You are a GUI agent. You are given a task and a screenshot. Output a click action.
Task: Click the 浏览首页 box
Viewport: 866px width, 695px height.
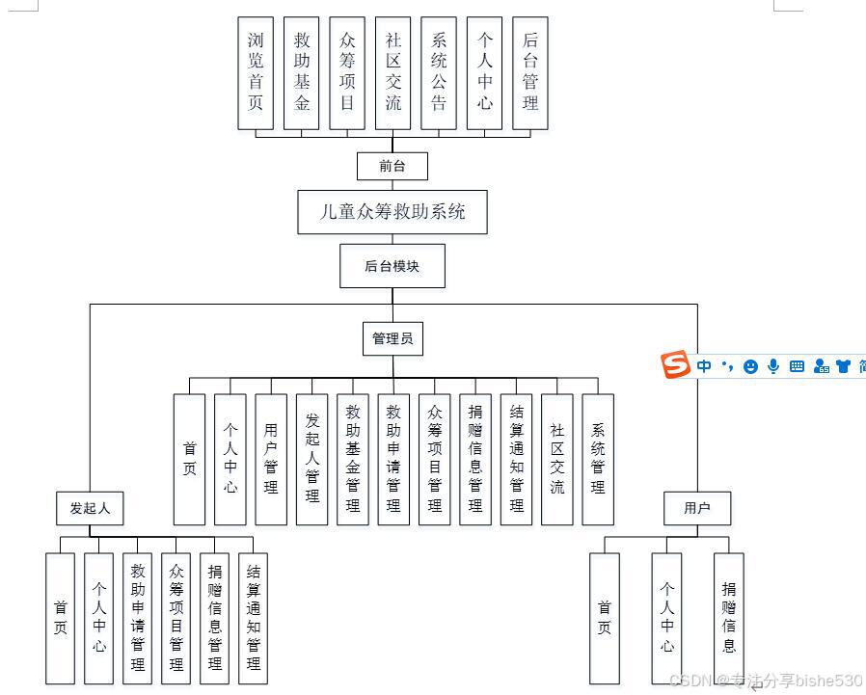[x=256, y=72]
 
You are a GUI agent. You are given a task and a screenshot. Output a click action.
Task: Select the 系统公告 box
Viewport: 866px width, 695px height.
[x=439, y=72]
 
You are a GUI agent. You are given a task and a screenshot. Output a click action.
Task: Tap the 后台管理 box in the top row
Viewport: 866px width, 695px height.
[x=530, y=72]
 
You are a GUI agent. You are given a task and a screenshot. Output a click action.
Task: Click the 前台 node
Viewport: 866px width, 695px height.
[x=392, y=166]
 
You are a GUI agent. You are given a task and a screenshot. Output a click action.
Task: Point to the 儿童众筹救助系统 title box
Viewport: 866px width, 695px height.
[x=392, y=211]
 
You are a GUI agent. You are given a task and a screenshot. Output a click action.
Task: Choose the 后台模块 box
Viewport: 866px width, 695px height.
[x=392, y=266]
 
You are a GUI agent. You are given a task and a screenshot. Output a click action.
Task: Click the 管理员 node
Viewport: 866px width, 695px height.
[x=392, y=338]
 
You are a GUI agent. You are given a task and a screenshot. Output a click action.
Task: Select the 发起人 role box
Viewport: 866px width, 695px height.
[x=90, y=508]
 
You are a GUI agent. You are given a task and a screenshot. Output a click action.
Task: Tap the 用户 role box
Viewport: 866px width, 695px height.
[x=696, y=508]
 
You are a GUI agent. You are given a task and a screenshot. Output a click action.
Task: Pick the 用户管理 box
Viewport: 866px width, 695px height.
[x=271, y=459]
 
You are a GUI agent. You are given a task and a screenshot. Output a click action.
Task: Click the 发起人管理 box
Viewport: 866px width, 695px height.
[x=311, y=459]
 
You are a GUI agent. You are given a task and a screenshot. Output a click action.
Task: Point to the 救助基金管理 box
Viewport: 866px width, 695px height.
[x=353, y=459]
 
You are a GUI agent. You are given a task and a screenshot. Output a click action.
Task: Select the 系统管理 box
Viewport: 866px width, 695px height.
[x=598, y=459]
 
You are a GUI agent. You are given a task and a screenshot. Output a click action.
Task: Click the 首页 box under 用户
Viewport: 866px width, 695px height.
[x=605, y=618]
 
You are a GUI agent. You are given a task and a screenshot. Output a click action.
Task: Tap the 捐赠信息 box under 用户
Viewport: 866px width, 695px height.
[x=729, y=618]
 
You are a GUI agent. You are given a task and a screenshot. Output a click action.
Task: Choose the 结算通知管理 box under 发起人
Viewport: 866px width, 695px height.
[x=253, y=618]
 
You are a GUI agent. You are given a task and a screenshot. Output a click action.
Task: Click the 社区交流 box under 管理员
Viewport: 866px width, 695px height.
[x=556, y=459]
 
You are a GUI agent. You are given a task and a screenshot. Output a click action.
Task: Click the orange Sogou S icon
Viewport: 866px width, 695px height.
[x=676, y=365]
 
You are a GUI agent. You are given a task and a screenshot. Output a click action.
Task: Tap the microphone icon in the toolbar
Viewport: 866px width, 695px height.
[x=773, y=366]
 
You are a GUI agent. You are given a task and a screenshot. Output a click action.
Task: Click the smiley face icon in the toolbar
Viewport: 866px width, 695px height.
[x=750, y=366]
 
